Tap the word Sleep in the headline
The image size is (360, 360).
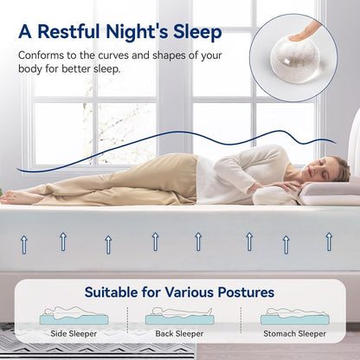(194, 33)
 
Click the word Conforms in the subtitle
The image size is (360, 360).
(43, 55)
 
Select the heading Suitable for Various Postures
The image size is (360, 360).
(180, 292)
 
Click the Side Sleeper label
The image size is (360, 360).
(74, 333)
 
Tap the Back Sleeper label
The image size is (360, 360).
(180, 333)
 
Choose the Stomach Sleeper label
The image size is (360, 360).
(295, 333)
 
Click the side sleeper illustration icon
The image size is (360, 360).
(74, 315)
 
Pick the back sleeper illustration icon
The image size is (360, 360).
(180, 315)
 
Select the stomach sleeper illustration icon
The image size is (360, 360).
(295, 315)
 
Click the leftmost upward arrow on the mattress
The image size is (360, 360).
(24, 245)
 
